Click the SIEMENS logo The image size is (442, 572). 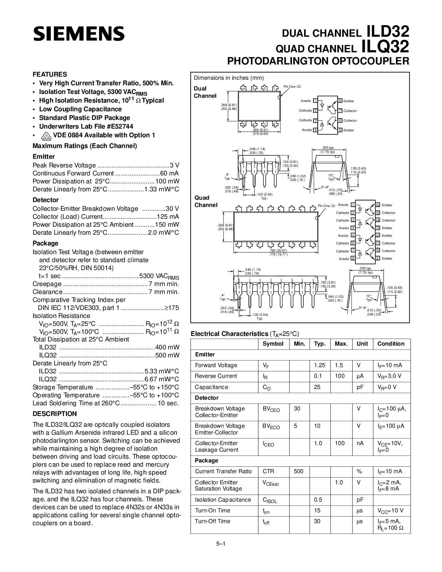(79, 34)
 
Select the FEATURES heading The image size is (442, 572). (50, 74)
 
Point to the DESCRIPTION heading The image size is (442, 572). (54, 414)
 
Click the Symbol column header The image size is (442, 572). (273, 344)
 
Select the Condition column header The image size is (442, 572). (391, 344)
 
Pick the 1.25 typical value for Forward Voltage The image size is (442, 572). (319, 365)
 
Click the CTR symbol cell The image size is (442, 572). (268, 471)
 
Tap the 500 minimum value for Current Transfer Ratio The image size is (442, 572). (298, 471)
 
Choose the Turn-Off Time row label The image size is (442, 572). (212, 521)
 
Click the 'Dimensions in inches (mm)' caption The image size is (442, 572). (229, 78)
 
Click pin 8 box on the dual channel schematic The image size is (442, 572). (340, 101)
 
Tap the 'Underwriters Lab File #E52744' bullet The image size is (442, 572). (86, 127)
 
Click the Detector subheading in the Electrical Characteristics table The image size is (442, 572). (207, 398)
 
